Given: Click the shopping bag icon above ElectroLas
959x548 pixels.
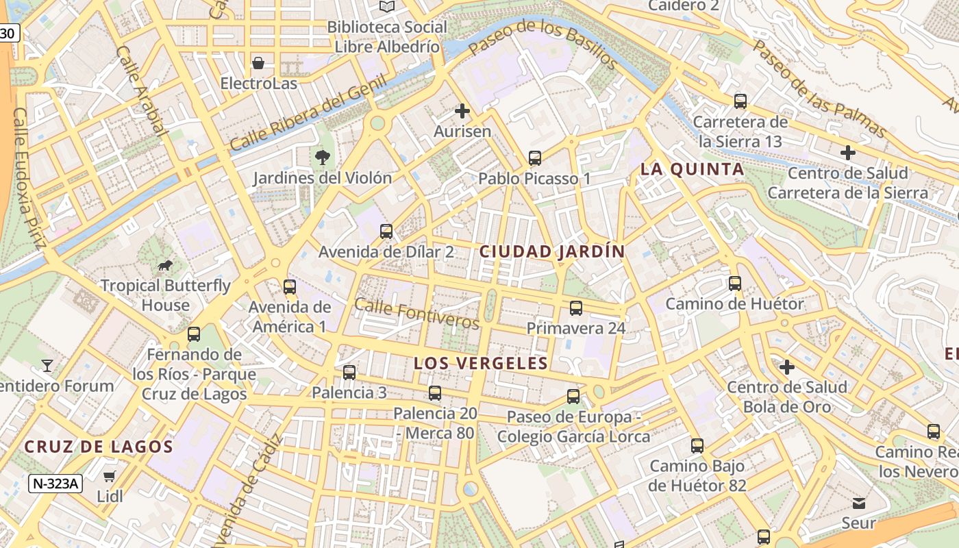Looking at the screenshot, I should click(258, 63).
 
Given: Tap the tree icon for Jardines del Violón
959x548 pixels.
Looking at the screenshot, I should click(322, 158).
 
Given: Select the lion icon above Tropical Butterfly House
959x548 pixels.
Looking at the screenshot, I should click(164, 265).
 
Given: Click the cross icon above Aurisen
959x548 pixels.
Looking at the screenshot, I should click(462, 110).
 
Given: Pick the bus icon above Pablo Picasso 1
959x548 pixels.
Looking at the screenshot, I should click(535, 158).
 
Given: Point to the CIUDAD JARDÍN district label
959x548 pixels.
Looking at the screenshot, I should click(552, 251).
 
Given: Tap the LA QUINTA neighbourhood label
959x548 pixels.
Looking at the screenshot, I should click(692, 169).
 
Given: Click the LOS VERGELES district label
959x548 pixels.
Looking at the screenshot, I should click(481, 363).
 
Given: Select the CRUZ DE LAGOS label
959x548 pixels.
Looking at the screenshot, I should click(99, 447).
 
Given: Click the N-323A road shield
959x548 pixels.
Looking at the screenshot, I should click(55, 484).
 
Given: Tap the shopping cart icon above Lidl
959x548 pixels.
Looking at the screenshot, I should click(110, 476).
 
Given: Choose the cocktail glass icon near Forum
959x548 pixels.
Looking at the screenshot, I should click(47, 366).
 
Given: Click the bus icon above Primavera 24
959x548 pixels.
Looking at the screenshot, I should click(576, 308).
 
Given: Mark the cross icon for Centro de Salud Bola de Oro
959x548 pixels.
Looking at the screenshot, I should click(787, 367).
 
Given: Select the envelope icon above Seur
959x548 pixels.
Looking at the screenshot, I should click(859, 503).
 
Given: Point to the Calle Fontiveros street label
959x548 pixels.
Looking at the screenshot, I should click(417, 314).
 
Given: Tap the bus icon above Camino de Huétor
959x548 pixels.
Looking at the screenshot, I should click(735, 283).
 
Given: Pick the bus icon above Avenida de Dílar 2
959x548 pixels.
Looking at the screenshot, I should click(386, 232).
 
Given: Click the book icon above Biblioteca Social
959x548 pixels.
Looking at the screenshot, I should click(387, 6).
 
